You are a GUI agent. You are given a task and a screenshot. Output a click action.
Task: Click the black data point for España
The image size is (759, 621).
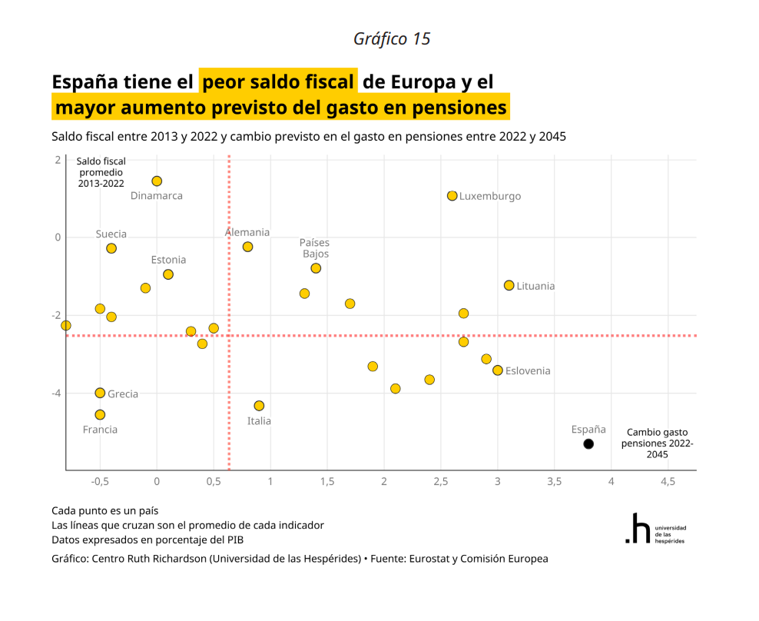coord(588,443)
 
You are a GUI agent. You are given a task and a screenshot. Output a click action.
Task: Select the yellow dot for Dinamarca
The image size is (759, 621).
coord(157,181)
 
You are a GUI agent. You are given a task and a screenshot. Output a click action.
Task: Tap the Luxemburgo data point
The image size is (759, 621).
coord(452,196)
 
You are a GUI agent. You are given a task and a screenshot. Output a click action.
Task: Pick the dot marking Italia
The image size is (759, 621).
coord(259,406)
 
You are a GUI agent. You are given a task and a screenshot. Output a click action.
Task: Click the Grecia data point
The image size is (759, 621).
coord(100,393)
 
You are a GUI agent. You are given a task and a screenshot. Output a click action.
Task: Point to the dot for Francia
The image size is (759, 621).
coord(100,415)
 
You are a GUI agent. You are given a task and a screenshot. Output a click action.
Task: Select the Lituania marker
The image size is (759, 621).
coord(509,285)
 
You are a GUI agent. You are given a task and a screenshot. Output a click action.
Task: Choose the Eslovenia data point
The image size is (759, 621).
coord(498,370)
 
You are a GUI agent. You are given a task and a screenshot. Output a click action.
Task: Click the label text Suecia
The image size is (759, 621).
coord(111,234)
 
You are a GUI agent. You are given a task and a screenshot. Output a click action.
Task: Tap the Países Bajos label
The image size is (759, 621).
coord(314,248)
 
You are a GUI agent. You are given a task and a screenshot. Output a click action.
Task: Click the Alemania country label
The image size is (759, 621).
coord(247,232)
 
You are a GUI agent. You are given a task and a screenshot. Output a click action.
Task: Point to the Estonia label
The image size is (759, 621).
coord(168,260)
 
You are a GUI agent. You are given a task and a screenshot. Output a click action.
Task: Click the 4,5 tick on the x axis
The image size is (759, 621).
coord(668,481)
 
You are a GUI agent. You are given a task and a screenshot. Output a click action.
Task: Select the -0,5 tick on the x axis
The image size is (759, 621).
coord(100,481)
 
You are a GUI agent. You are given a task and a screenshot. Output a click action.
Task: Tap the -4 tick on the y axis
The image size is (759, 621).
coord(57,393)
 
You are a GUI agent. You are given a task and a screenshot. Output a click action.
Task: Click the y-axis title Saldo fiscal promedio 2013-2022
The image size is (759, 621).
coord(101,172)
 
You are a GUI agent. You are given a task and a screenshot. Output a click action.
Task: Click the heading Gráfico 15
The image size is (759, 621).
coord(392,39)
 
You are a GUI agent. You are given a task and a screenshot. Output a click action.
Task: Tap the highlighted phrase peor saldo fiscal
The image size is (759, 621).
coord(278,81)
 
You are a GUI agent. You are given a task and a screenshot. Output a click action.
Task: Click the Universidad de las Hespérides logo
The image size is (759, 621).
coord(655,529)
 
